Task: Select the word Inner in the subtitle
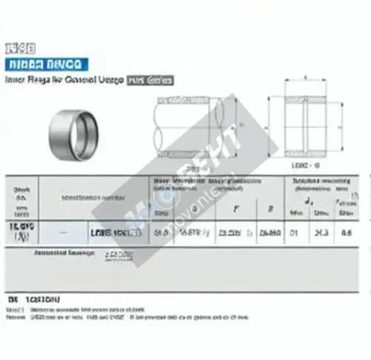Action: (16, 78)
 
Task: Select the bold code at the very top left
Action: (16, 46)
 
